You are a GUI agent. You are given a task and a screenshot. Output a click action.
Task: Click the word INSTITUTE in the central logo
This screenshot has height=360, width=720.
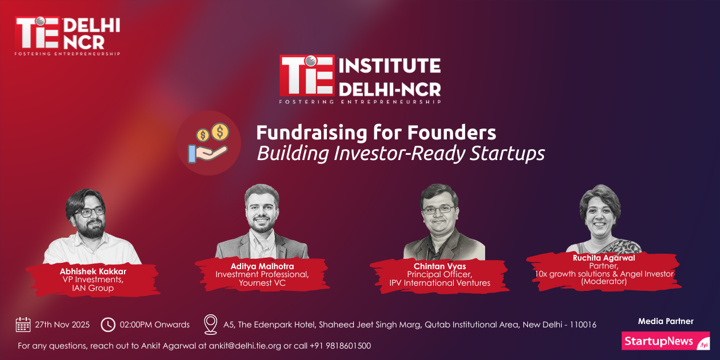pyautogui.click(x=390, y=66)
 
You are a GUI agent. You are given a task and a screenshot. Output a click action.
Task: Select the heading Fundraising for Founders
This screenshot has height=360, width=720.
pyautogui.click(x=376, y=133)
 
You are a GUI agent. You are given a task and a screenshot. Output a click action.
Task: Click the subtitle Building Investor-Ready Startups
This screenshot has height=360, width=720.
pyautogui.click(x=400, y=153)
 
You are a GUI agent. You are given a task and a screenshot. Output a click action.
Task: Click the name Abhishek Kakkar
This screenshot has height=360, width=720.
pyautogui.click(x=93, y=271)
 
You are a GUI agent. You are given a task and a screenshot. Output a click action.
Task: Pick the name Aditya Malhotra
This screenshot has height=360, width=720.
pyautogui.click(x=262, y=266)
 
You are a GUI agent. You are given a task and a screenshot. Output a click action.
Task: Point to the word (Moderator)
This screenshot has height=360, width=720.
pyautogui.click(x=603, y=281)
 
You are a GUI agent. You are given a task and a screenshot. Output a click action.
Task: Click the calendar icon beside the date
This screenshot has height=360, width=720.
pyautogui.click(x=23, y=325)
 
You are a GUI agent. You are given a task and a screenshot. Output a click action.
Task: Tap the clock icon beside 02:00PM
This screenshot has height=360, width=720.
pyautogui.click(x=107, y=325)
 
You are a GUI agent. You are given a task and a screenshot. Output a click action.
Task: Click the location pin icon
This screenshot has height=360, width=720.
pyautogui.click(x=211, y=324)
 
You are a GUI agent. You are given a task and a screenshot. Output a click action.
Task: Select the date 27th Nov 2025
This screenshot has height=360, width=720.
pyautogui.click(x=62, y=325)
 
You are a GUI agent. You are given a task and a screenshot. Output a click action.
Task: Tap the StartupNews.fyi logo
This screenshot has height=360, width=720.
pyautogui.click(x=665, y=341)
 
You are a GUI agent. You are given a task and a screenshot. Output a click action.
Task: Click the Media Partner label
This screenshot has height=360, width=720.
pyautogui.click(x=665, y=321)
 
